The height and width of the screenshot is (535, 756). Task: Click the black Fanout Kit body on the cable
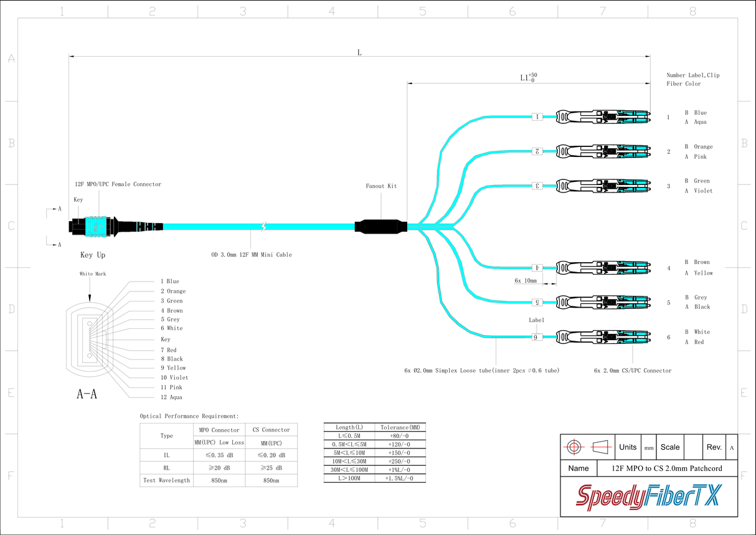[380, 227]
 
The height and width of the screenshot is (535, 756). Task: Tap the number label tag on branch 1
[537, 116]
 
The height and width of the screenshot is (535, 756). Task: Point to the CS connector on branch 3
[602, 186]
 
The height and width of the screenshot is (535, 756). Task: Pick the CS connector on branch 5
[602, 302]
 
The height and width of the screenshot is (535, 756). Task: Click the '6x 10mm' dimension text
[526, 281]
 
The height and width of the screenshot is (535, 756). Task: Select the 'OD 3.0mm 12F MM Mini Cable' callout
[252, 255]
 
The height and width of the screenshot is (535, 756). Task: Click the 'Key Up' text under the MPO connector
[93, 255]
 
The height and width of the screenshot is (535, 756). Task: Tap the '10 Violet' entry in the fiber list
[174, 377]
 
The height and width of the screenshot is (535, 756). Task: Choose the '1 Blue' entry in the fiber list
[169, 282]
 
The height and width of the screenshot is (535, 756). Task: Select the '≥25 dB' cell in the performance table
[272, 468]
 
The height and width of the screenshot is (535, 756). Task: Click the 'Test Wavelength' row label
[166, 480]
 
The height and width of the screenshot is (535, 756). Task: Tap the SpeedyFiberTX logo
[648, 497]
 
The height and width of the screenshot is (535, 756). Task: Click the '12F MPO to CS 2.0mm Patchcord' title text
[666, 468]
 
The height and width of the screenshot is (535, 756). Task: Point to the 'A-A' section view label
[87, 394]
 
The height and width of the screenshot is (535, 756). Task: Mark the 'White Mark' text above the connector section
[92, 274]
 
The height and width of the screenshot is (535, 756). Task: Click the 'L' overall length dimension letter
[359, 52]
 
